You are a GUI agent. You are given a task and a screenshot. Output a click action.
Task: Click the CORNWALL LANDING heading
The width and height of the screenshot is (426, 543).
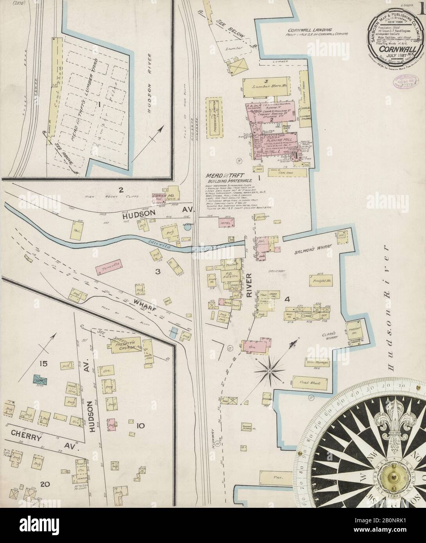coord(310,30)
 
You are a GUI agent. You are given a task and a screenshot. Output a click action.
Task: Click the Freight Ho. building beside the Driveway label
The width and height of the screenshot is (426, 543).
coord(322,280)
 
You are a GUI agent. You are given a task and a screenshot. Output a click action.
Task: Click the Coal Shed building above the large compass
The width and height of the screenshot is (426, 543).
coord(310,383)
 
